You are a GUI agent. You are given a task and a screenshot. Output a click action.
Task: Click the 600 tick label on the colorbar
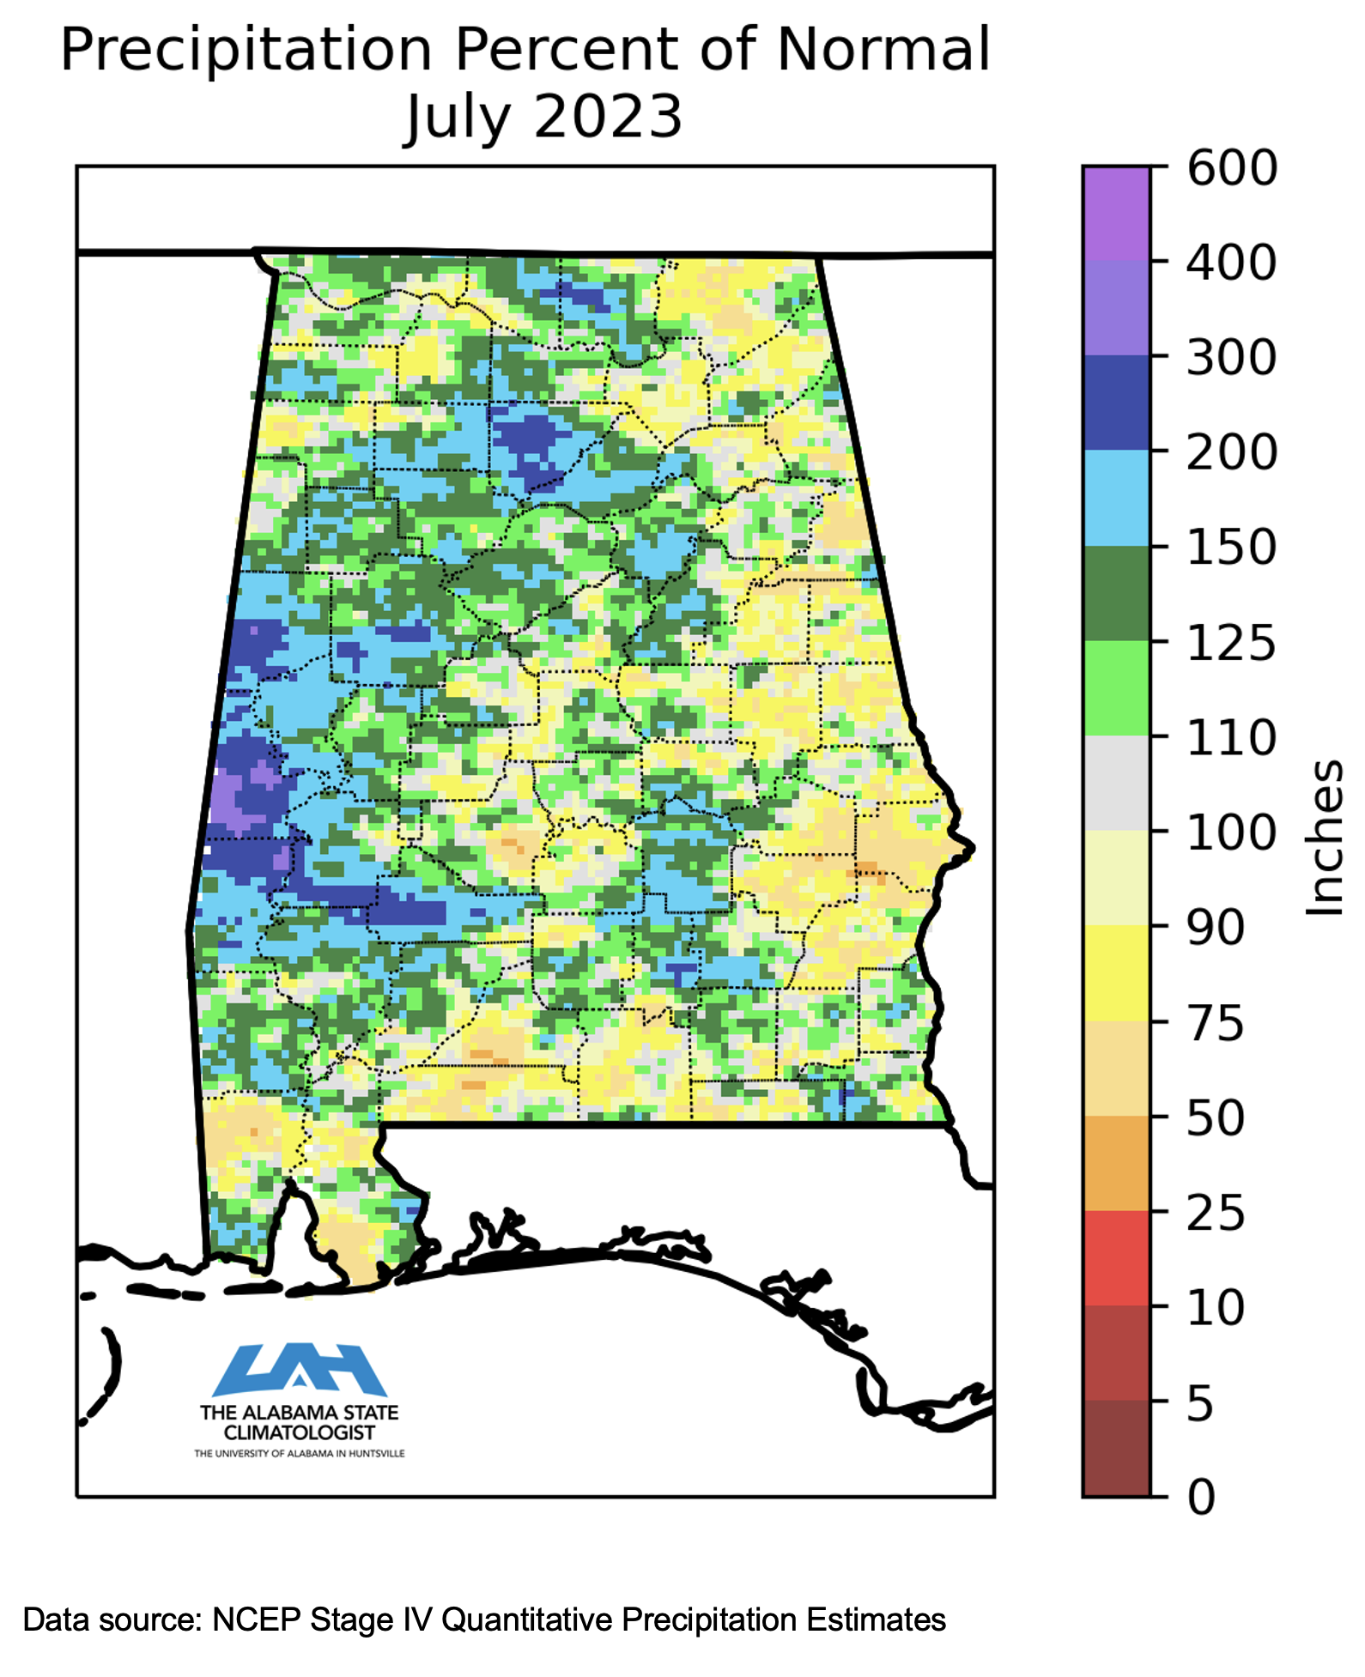pyautogui.click(x=1231, y=168)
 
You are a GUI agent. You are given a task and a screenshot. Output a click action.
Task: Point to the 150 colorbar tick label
pyautogui.click(x=1231, y=548)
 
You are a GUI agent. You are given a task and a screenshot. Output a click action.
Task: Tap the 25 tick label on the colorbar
pyautogui.click(x=1215, y=1214)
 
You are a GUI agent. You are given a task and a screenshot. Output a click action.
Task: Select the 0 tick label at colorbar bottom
pyautogui.click(x=1201, y=1498)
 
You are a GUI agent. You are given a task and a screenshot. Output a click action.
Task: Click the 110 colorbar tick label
pyautogui.click(x=1231, y=738)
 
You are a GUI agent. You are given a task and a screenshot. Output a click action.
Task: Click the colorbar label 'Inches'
pyautogui.click(x=1324, y=837)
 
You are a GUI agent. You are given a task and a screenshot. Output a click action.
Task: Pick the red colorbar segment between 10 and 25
pyautogui.click(x=1116, y=1257)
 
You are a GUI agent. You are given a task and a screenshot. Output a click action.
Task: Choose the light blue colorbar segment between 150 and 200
pyautogui.click(x=1116, y=499)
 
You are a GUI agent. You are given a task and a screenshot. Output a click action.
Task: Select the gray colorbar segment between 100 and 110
pyautogui.click(x=1116, y=783)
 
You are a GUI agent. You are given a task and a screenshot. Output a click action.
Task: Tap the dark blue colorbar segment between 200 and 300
pyautogui.click(x=1116, y=403)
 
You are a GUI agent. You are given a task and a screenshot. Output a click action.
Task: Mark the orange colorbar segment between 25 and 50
pyautogui.click(x=1116, y=1163)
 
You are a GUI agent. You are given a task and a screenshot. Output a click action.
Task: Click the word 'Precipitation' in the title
pyautogui.click(x=246, y=50)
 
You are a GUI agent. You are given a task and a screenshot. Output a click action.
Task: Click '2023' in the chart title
pyautogui.click(x=608, y=117)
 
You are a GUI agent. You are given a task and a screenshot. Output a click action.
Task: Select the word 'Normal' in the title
pyautogui.click(x=883, y=50)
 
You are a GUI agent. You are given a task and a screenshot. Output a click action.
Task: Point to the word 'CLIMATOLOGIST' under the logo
pyautogui.click(x=299, y=1432)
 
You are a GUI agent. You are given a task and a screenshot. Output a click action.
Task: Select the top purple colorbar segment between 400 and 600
pyautogui.click(x=1116, y=214)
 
